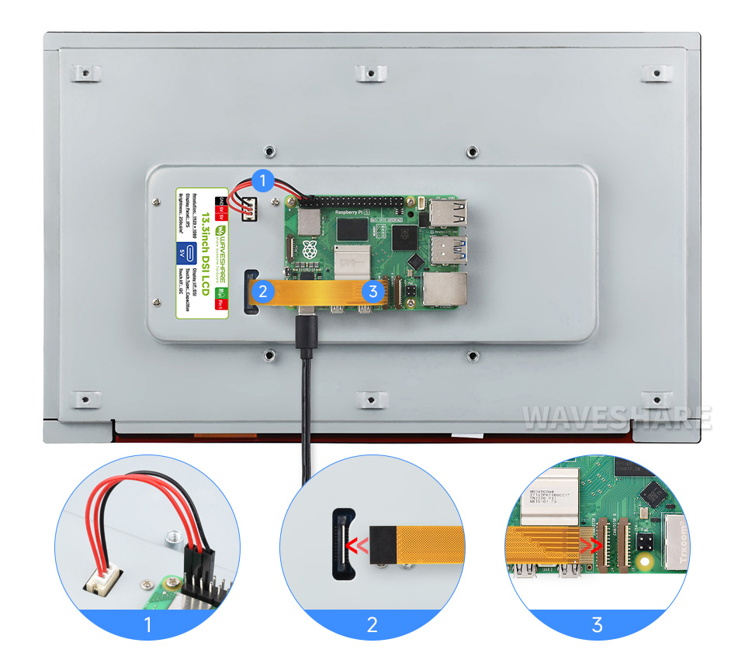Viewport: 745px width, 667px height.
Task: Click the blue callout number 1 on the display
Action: [x=263, y=181]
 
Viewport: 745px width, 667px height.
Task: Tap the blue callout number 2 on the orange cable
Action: [x=263, y=292]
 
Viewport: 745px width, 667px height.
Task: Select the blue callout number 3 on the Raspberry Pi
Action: [x=373, y=292]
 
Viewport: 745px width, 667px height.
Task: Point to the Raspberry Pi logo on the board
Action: [x=310, y=250]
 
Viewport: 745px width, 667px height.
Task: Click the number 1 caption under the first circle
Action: [x=148, y=624]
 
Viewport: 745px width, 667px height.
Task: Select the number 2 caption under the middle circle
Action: [x=372, y=624]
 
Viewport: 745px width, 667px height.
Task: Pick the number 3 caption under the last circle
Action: [x=596, y=624]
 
